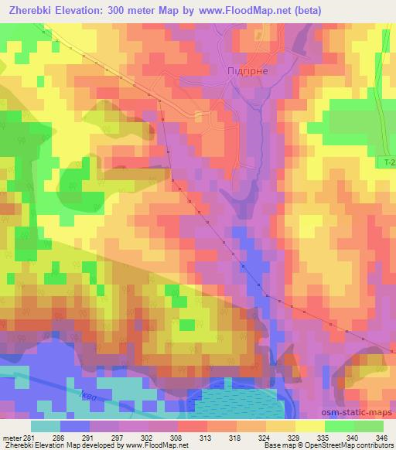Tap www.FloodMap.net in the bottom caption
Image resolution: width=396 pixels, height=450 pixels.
pyautogui.click(x=159, y=446)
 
